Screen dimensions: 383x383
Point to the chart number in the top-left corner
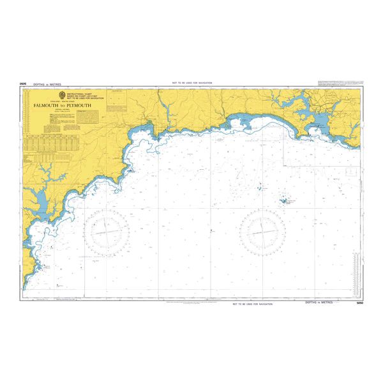click(x=23, y=83)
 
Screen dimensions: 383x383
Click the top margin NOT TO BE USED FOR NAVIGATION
click(x=191, y=84)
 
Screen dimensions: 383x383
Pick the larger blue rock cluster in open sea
click(x=283, y=200)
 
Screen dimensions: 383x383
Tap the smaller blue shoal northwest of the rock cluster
click(x=259, y=188)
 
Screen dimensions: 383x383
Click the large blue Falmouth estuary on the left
click(x=37, y=203)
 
